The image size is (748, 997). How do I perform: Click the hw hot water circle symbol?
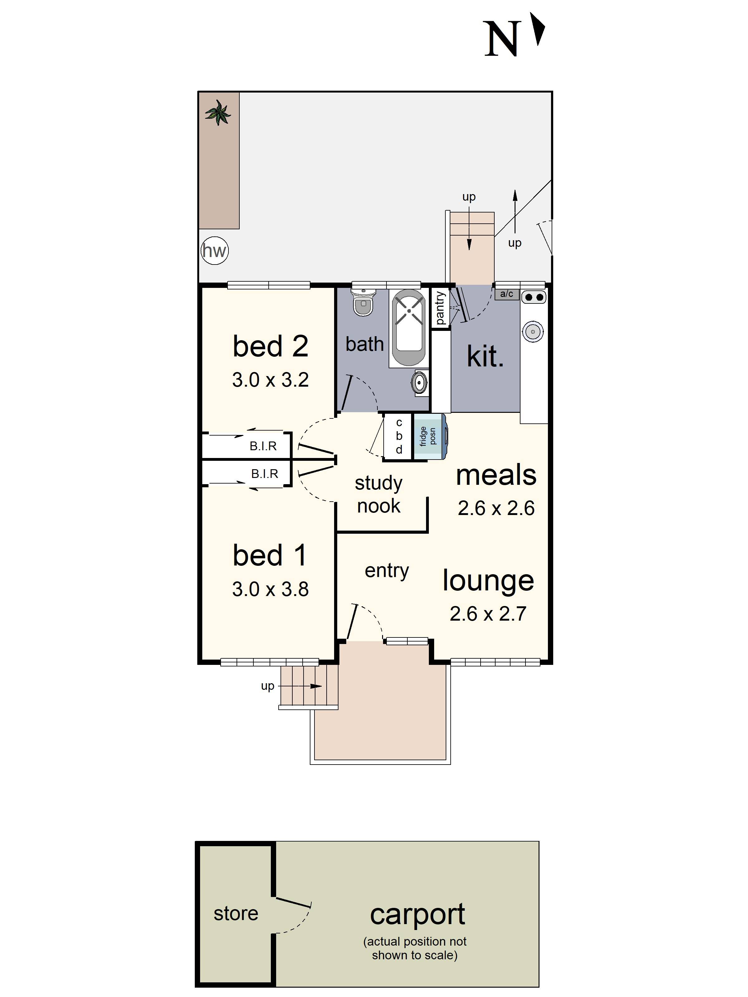click(x=215, y=250)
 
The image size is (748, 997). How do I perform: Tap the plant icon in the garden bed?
click(x=218, y=113)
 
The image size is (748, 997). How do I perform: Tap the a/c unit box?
click(x=507, y=294)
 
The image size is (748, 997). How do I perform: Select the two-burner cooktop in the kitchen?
click(x=534, y=297)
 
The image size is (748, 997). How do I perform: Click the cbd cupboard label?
click(x=399, y=436)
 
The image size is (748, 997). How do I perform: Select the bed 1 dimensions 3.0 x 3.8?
click(x=270, y=589)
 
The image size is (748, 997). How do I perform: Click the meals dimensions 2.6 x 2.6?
click(x=496, y=508)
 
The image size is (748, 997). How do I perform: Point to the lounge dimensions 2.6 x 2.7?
click(x=488, y=614)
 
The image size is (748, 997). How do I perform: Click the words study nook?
click(x=379, y=494)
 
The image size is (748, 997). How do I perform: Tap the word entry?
click(x=386, y=570)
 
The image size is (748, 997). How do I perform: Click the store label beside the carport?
click(x=236, y=914)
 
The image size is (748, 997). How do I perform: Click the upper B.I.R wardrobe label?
click(x=263, y=446)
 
